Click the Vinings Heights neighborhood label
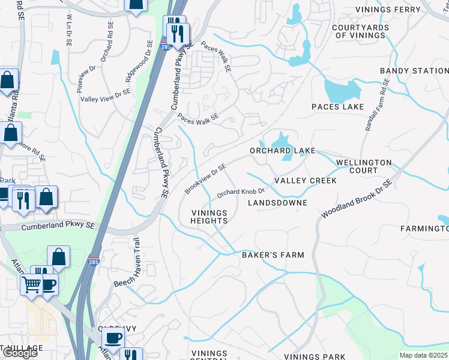point(209,217)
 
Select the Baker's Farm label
point(273,255)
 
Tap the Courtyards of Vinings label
point(359,31)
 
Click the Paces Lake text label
point(337,107)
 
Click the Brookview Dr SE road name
point(205,179)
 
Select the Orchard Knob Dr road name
point(241,192)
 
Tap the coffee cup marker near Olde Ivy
point(112,337)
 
